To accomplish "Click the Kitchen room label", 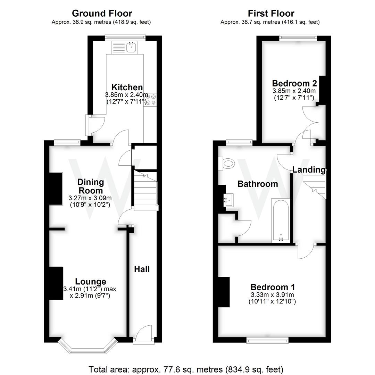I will click(x=127, y=87).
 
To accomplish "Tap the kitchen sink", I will click(x=131, y=48).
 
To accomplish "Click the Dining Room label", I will click(x=90, y=186).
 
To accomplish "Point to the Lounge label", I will click(x=91, y=282).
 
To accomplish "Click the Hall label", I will click(x=142, y=269).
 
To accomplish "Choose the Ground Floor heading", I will click(x=102, y=13).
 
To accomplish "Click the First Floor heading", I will click(x=271, y=13).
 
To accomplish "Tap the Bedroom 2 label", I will click(x=294, y=83).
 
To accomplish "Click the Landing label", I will click(x=309, y=170).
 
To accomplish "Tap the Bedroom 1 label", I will click(x=273, y=287).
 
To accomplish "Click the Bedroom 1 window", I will click(x=267, y=339).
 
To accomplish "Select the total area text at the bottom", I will click(x=186, y=369).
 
